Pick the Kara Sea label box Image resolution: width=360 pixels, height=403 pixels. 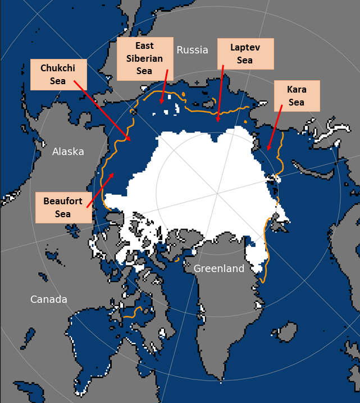click(x=296, y=95)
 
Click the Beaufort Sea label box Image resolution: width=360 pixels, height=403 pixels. click(x=63, y=207)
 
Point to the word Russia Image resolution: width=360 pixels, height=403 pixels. click(x=192, y=50)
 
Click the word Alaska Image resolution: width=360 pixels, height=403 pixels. click(x=68, y=152)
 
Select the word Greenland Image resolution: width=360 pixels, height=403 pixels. click(x=219, y=269)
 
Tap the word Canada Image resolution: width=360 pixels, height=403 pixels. click(x=48, y=299)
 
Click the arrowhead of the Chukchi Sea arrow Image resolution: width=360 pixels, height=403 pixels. click(x=131, y=140)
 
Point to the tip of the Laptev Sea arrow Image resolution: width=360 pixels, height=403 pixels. click(x=218, y=122)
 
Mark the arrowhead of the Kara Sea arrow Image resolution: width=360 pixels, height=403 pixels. click(x=268, y=150)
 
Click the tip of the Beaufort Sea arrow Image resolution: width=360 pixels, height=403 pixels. click(x=115, y=173)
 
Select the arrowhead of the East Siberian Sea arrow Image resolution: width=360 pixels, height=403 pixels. click(x=161, y=104)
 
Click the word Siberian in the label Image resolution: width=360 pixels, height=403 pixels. click(x=144, y=58)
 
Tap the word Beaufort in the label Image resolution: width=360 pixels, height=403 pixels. click(x=63, y=201)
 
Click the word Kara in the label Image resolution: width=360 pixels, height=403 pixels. click(x=296, y=89)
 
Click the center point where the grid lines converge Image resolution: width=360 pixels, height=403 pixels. click(x=217, y=194)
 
